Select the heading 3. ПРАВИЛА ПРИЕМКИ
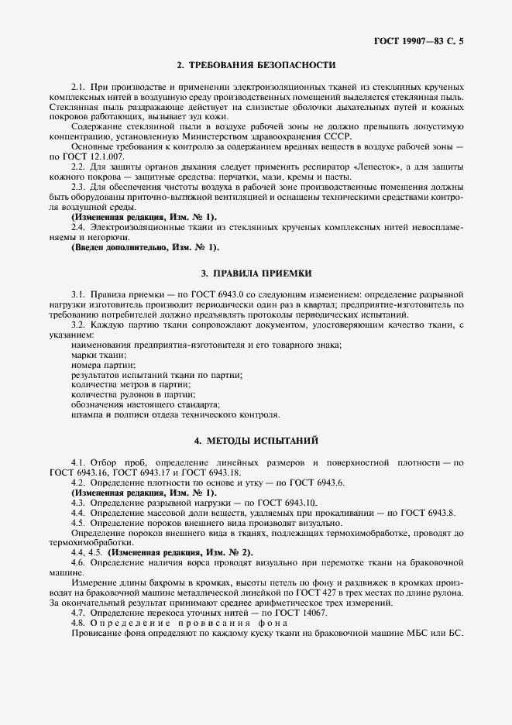coord(256,273)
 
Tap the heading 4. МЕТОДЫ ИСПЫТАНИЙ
coord(256,441)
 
